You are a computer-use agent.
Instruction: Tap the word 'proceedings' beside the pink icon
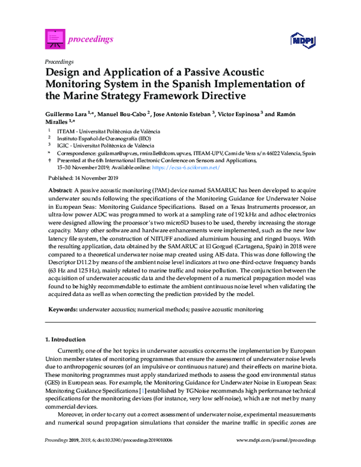click(92, 39)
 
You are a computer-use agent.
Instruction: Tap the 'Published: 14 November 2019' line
click(83, 179)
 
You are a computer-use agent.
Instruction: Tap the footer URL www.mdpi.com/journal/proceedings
click(276, 457)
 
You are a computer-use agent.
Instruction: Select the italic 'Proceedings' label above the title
click(60, 61)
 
